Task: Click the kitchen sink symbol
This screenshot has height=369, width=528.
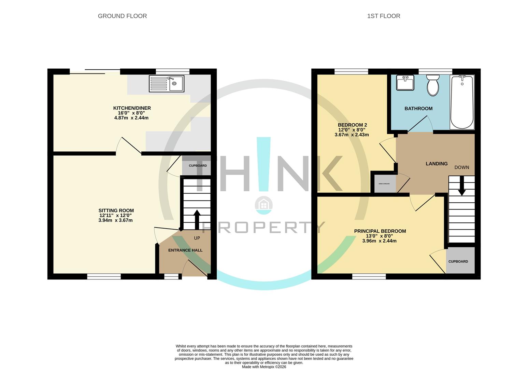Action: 167,84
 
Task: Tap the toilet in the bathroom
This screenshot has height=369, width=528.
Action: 433,85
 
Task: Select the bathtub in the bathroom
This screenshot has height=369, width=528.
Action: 462,102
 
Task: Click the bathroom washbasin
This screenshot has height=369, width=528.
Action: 405,83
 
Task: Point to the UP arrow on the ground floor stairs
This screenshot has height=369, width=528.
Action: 197,219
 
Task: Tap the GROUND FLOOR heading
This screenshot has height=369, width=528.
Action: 122,16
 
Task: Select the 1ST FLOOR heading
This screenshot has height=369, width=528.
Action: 384,16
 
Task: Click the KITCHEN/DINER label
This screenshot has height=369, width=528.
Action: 132,108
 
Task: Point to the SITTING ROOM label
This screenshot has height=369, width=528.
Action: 116,210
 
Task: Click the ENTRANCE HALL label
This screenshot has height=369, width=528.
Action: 185,250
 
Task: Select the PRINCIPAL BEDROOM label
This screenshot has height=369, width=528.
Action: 380,231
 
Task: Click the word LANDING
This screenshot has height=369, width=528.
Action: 437,164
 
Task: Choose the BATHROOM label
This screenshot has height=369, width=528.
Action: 418,109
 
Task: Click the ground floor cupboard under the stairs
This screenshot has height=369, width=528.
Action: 198,166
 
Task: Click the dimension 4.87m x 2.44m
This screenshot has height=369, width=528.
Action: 131,118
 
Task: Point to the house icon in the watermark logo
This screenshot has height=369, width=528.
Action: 263,204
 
